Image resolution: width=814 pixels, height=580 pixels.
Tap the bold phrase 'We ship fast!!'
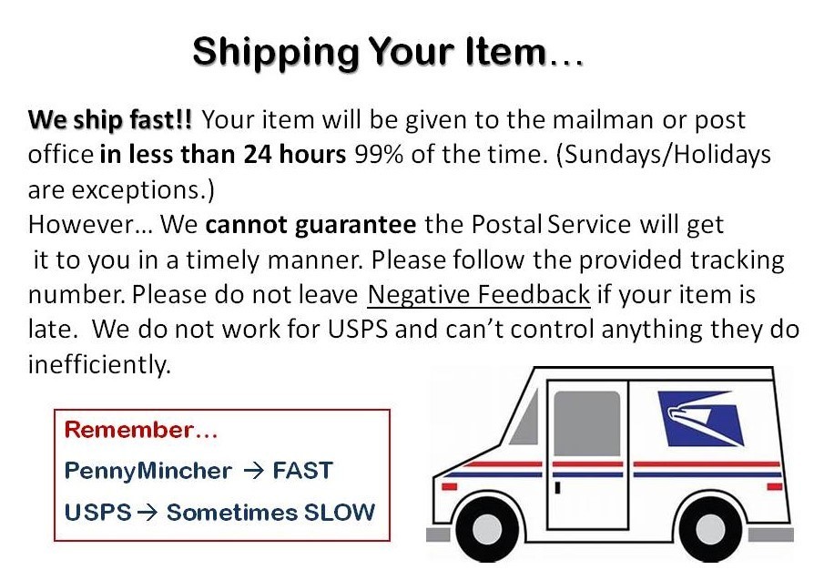(110, 120)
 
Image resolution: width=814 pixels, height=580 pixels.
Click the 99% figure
(379, 154)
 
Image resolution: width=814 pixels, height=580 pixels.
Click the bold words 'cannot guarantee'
(310, 225)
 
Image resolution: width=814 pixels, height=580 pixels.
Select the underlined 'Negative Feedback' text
(479, 295)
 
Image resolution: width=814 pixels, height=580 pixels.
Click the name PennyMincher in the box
(148, 472)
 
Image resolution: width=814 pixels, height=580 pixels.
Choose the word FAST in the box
(302, 471)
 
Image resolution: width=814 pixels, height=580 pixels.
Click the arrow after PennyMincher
(254, 471)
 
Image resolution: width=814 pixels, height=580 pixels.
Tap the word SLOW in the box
(339, 513)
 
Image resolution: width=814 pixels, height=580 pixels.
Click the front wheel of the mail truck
(487, 529)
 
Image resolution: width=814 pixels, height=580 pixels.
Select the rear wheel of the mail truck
(710, 529)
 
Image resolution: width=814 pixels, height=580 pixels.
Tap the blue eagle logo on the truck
(700, 418)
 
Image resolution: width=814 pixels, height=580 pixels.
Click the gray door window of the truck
(587, 423)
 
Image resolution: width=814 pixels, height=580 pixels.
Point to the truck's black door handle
(557, 487)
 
